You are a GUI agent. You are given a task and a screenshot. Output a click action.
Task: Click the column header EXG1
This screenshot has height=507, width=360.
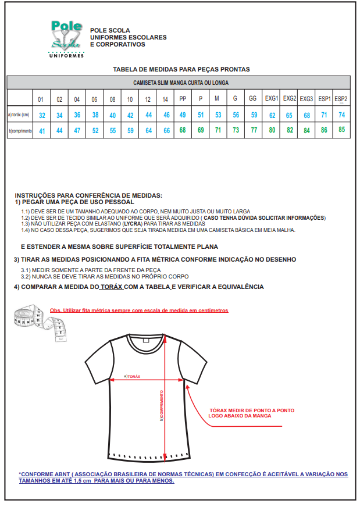point(272,98)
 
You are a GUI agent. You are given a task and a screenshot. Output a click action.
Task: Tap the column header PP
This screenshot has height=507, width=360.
point(183,98)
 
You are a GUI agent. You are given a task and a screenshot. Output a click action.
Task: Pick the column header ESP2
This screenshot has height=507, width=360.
point(341,98)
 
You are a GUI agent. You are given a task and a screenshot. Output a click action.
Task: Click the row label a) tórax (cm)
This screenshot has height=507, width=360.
point(19,115)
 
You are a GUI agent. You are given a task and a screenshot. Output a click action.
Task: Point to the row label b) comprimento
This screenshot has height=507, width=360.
point(20,131)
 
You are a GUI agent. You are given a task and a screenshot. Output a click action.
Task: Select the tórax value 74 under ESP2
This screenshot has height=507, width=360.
point(341,115)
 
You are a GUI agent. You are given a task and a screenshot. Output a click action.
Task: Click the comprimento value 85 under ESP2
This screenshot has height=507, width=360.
point(341,130)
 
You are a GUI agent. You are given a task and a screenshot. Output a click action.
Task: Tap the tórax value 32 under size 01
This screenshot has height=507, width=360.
point(41,116)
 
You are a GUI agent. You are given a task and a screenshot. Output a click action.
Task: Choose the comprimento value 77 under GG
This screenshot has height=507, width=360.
point(254,130)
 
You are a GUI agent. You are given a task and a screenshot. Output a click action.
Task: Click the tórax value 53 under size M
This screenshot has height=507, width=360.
point(218,115)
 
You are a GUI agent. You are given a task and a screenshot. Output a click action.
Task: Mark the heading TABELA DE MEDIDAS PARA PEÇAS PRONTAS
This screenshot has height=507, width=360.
point(181,69)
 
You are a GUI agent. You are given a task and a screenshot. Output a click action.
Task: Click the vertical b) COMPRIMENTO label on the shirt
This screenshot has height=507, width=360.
point(161,405)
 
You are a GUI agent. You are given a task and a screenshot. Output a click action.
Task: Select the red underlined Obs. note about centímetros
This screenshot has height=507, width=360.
point(139,310)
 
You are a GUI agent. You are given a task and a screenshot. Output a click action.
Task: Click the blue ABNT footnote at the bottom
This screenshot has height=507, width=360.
point(183,477)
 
